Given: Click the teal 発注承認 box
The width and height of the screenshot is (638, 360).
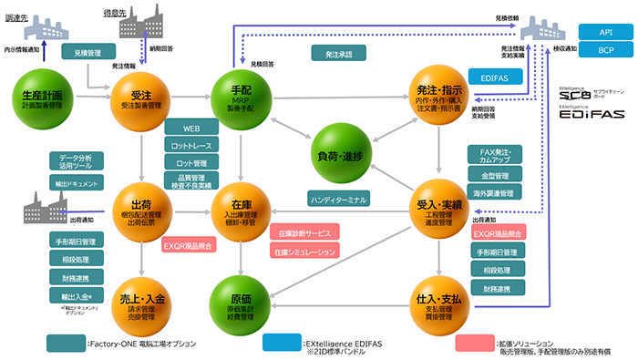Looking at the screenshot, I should tap(337, 54).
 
